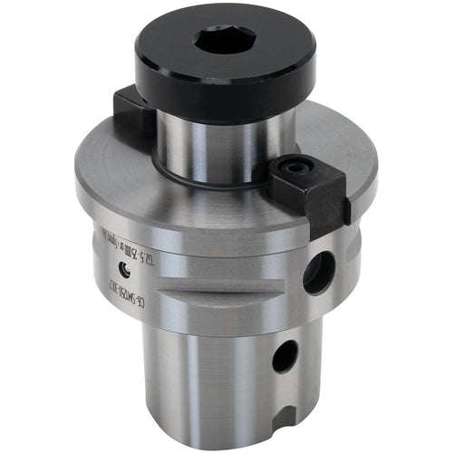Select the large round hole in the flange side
[319, 272]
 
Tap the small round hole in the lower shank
[284, 357]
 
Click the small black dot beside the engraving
[124, 266]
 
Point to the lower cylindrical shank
[208, 381]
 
